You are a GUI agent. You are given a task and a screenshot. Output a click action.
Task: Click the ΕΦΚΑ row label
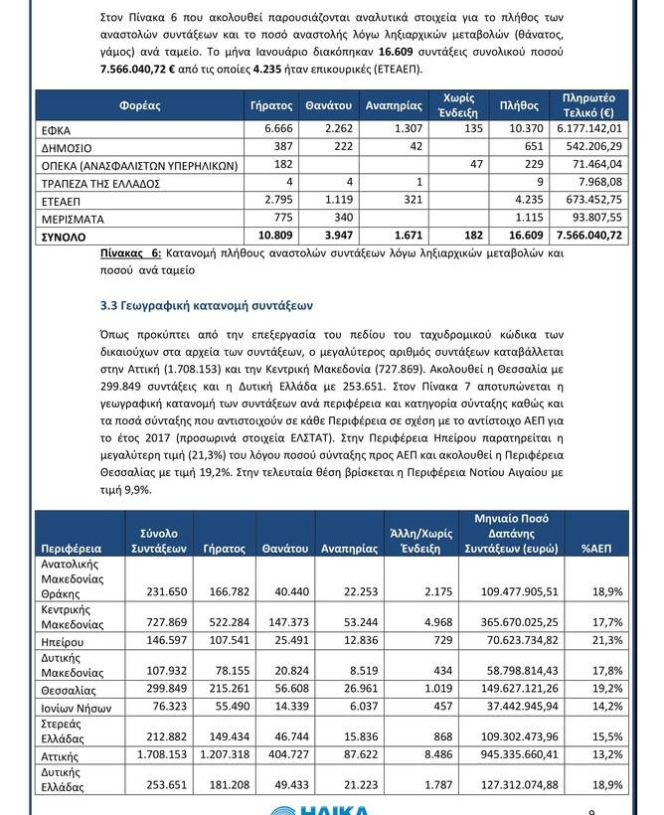pyautogui.click(x=57, y=130)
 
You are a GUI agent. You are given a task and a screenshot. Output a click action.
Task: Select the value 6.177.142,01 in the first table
pyautogui.click(x=591, y=129)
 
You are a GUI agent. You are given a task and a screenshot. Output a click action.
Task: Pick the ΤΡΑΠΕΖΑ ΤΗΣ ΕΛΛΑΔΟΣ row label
pyautogui.click(x=107, y=184)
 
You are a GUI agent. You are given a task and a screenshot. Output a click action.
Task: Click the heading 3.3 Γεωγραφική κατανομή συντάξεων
pyautogui.click(x=207, y=305)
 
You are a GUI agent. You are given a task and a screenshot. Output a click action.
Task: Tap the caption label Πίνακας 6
pyautogui.click(x=130, y=254)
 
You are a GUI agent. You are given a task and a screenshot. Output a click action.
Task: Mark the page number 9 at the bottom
pyautogui.click(x=592, y=811)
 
